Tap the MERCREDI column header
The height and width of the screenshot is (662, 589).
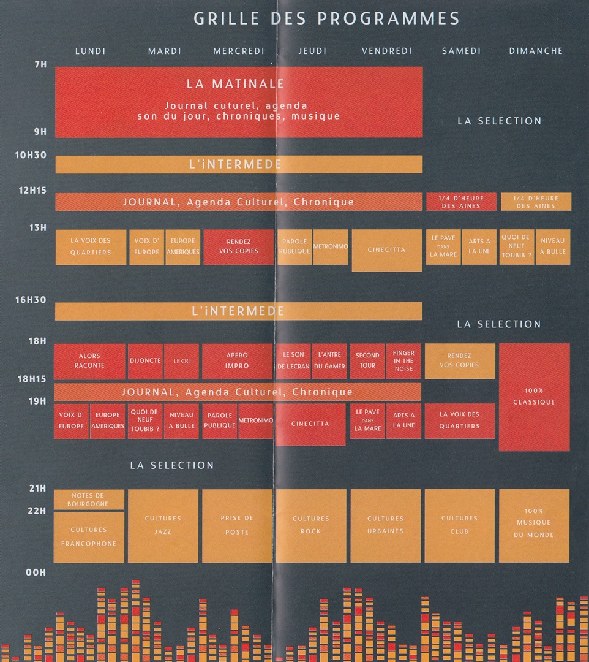[239, 51]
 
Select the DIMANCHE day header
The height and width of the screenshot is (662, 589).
[536, 51]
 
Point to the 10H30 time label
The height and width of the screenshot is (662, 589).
[31, 156]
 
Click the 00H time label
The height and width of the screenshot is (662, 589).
[36, 573]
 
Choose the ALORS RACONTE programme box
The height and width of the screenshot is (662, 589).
[89, 360]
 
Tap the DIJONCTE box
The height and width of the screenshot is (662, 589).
[145, 361]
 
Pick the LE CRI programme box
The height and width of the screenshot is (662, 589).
[181, 361]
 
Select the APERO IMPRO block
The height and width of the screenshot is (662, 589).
[237, 360]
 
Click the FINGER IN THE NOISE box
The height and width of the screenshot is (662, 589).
[403, 360]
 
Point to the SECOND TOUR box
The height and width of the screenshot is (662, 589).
[367, 360]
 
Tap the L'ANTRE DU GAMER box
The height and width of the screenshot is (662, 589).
[329, 360]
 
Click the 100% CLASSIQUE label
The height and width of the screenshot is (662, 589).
[535, 397]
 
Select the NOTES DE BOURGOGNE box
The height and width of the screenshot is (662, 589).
[89, 500]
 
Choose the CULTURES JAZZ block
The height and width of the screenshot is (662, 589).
[163, 525]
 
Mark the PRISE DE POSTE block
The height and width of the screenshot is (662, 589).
[237, 525]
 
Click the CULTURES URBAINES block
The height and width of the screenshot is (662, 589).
[386, 525]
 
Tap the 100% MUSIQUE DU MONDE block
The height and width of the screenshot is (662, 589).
[534, 525]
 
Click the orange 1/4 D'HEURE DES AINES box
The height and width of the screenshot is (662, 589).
[536, 202]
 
